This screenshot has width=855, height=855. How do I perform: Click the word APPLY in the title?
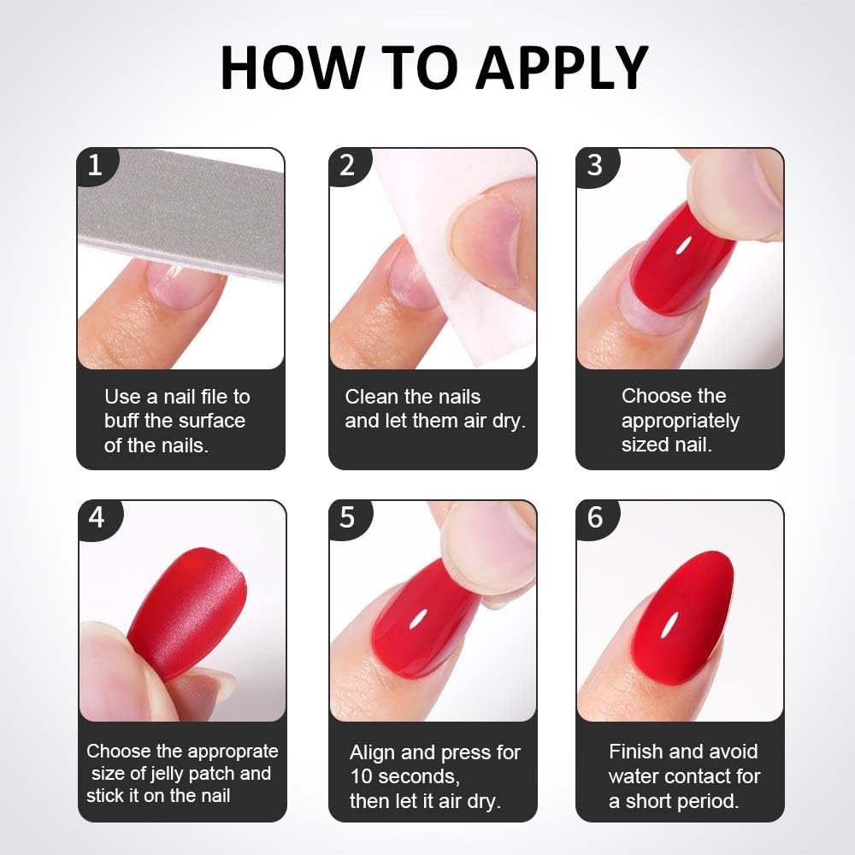point(563,67)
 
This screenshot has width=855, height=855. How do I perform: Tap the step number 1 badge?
point(97,166)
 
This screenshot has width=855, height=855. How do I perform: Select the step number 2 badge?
point(349,166)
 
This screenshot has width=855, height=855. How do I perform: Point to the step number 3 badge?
point(597,166)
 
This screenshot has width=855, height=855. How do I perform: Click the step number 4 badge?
point(99,519)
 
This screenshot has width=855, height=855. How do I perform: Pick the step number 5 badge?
point(350,519)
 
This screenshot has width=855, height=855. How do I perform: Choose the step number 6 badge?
point(597,519)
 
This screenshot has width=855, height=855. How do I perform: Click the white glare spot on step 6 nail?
point(669,625)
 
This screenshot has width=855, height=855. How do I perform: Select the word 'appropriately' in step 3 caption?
point(681,422)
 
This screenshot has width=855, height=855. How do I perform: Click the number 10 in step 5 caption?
point(362,776)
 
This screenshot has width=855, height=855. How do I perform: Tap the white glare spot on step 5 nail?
point(419,621)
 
